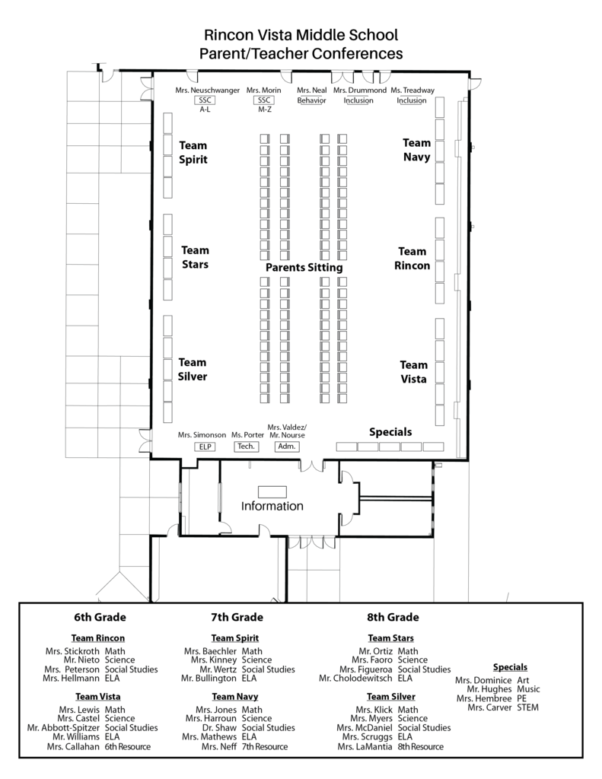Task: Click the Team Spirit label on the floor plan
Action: point(193,152)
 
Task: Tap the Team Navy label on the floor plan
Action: point(416,150)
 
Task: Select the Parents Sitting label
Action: point(304,267)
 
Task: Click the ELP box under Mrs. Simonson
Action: point(205,447)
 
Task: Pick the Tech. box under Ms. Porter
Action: point(246,446)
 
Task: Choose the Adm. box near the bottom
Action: point(287,446)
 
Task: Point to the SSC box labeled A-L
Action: point(205,100)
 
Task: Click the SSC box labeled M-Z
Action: point(264,100)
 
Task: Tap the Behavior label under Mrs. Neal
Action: point(312,100)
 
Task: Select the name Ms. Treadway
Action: point(412,91)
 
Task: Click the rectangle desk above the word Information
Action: point(272,492)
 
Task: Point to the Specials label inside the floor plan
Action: point(390,432)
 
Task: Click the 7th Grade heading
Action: point(237,617)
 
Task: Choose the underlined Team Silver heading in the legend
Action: point(390,697)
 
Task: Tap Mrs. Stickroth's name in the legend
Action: point(72,651)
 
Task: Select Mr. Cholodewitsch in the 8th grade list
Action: point(355,678)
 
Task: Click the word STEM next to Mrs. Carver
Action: point(528,707)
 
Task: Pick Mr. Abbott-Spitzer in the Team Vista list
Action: point(63,728)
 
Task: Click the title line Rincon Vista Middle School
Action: point(301,35)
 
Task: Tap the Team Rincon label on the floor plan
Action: point(412,259)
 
